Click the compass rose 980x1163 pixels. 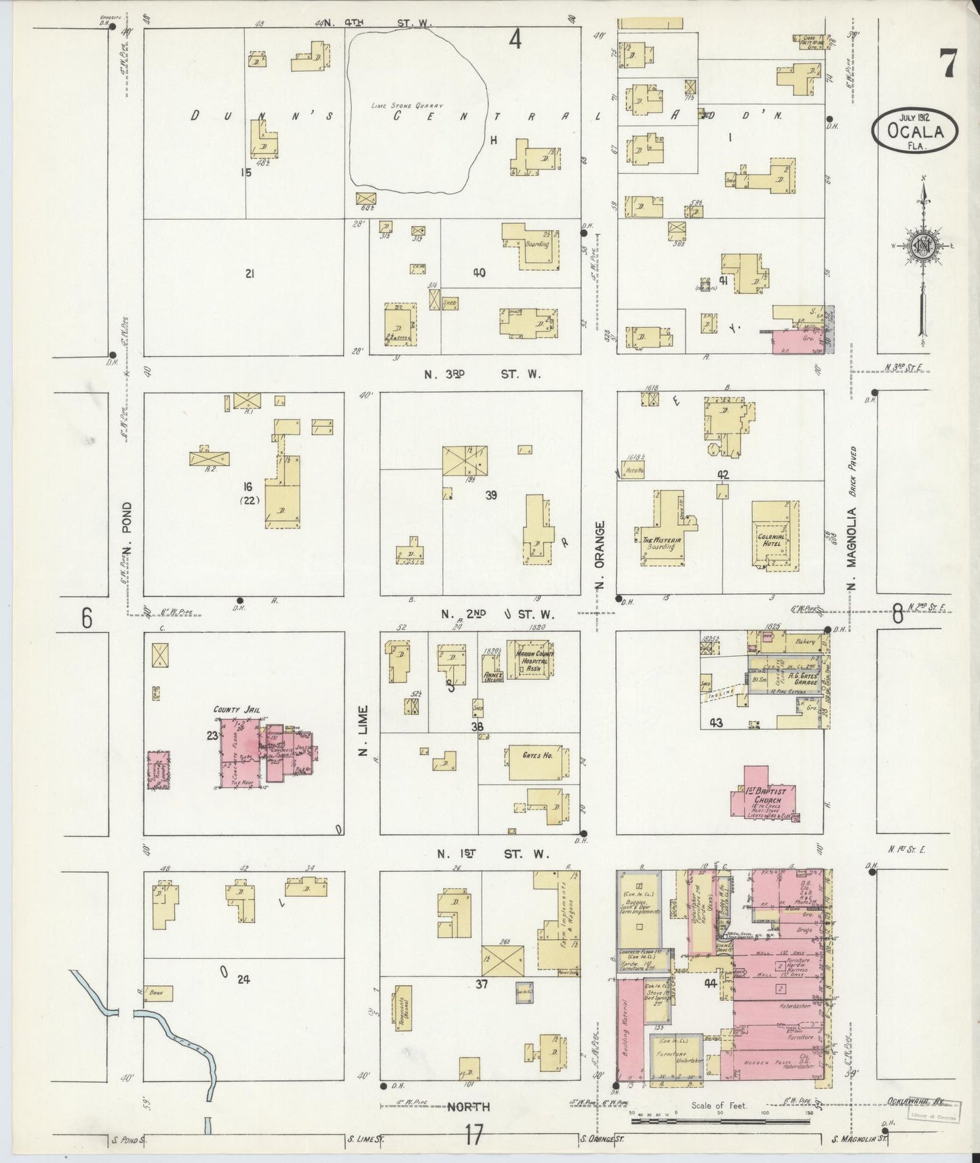pyautogui.click(x=924, y=246)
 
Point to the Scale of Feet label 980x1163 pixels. pyautogui.click(x=719, y=1105)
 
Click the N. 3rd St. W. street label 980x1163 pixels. pyautogui.click(x=482, y=374)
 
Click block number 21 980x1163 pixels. pyautogui.click(x=250, y=273)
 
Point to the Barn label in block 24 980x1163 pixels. pyautogui.click(x=157, y=993)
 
